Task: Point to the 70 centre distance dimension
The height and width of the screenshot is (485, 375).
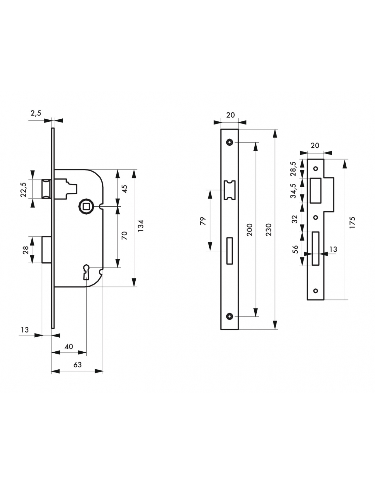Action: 124,235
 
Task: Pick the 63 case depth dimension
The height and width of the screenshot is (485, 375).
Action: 77,365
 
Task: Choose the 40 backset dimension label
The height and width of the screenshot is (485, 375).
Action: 69,347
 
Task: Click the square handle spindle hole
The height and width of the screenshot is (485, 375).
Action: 84,207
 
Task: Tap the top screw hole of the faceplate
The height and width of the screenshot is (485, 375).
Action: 229,142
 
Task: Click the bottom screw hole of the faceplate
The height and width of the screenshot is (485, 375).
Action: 229,317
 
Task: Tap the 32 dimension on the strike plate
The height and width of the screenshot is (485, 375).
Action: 295,218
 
